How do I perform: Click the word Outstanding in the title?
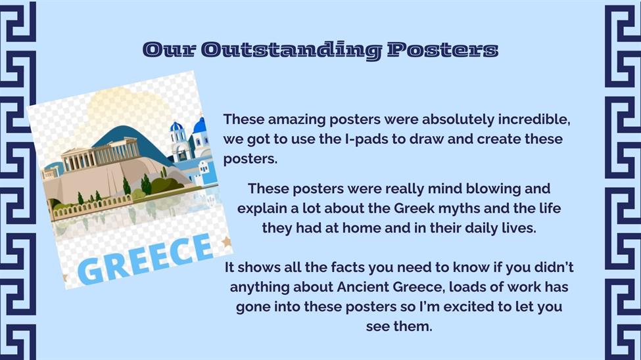[x=291, y=51]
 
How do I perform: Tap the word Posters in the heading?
[x=442, y=49]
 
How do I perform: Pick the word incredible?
[x=534, y=120]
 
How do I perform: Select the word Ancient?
[x=363, y=287]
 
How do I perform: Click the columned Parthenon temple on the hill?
[x=101, y=154]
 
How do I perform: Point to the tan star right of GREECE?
[x=226, y=242]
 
